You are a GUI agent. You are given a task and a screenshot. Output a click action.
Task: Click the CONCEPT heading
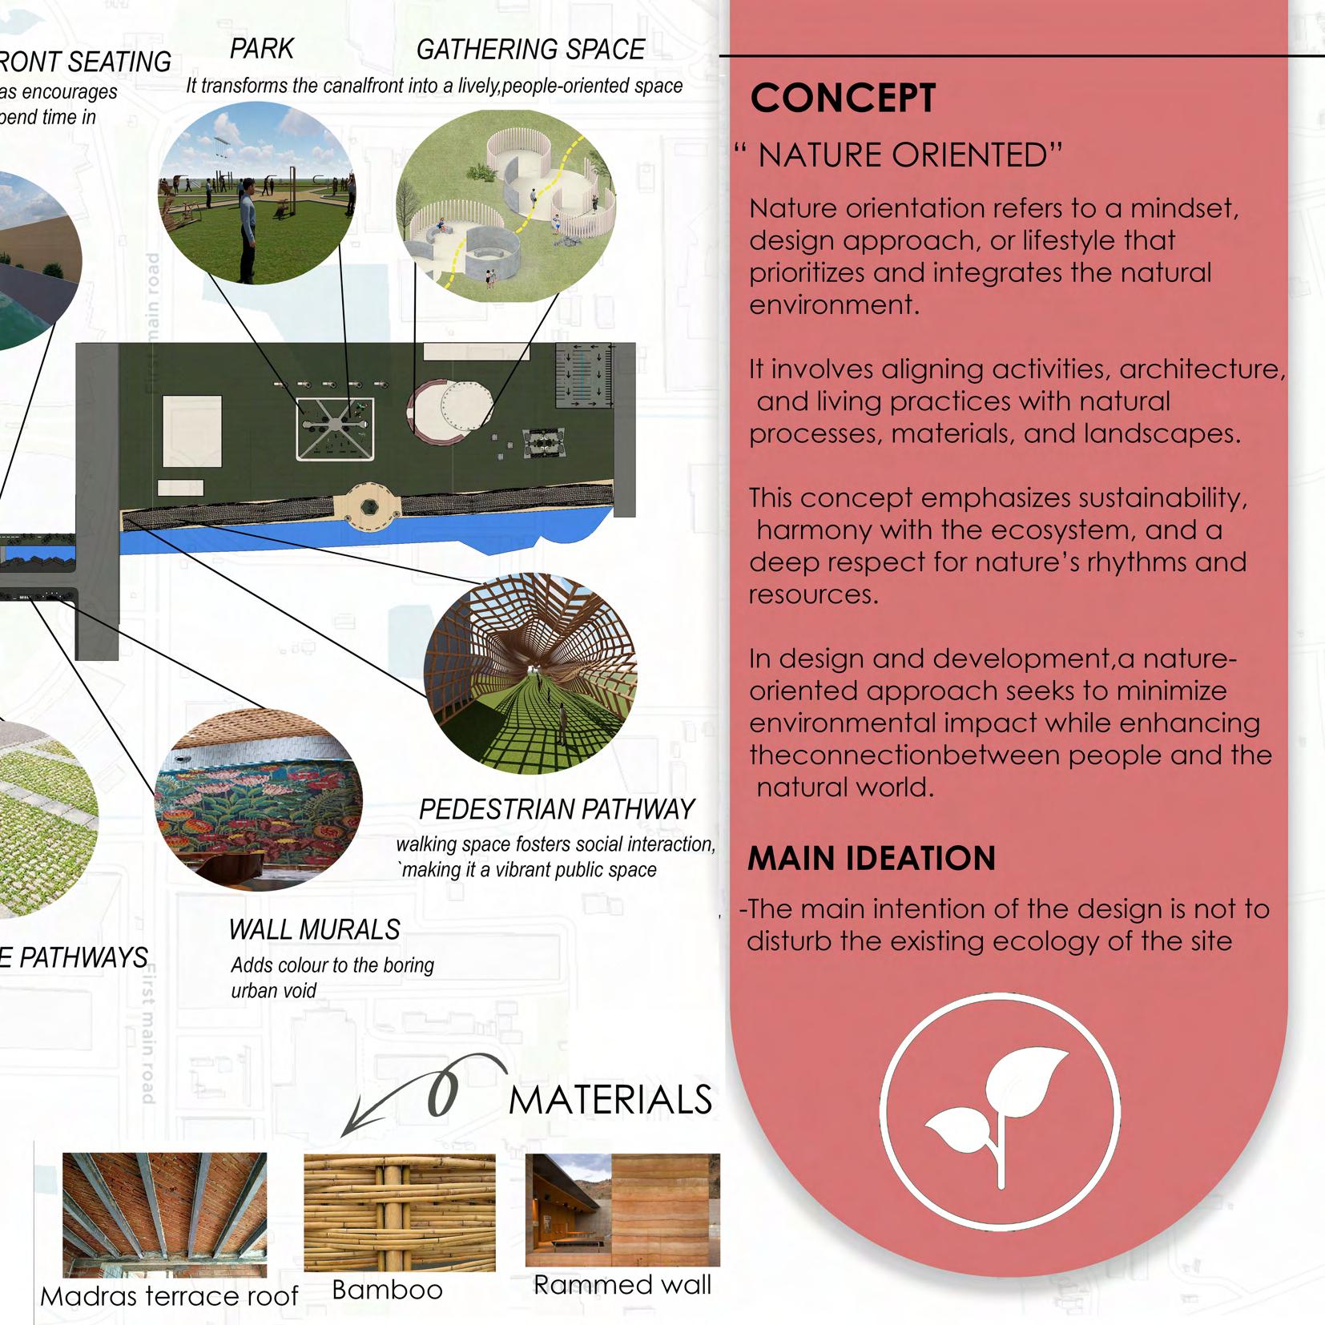[843, 99]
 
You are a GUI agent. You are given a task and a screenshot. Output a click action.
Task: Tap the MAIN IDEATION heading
[871, 859]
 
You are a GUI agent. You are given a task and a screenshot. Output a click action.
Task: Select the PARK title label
[262, 49]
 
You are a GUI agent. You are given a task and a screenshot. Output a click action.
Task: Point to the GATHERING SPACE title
[530, 50]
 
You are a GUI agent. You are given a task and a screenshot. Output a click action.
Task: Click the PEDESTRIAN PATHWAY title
[557, 810]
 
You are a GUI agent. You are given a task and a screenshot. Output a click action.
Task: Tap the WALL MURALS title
[314, 929]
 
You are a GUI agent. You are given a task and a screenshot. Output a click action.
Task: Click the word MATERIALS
[610, 1100]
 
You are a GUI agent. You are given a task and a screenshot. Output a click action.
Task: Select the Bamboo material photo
[399, 1212]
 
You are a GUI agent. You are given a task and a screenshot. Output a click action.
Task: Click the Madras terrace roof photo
[164, 1214]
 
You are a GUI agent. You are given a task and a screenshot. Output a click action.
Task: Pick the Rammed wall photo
[622, 1210]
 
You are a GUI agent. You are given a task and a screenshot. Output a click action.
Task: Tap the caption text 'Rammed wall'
[622, 1285]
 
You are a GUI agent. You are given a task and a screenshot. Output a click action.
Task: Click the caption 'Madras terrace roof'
[169, 1296]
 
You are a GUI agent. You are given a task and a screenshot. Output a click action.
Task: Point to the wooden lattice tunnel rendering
[530, 673]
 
